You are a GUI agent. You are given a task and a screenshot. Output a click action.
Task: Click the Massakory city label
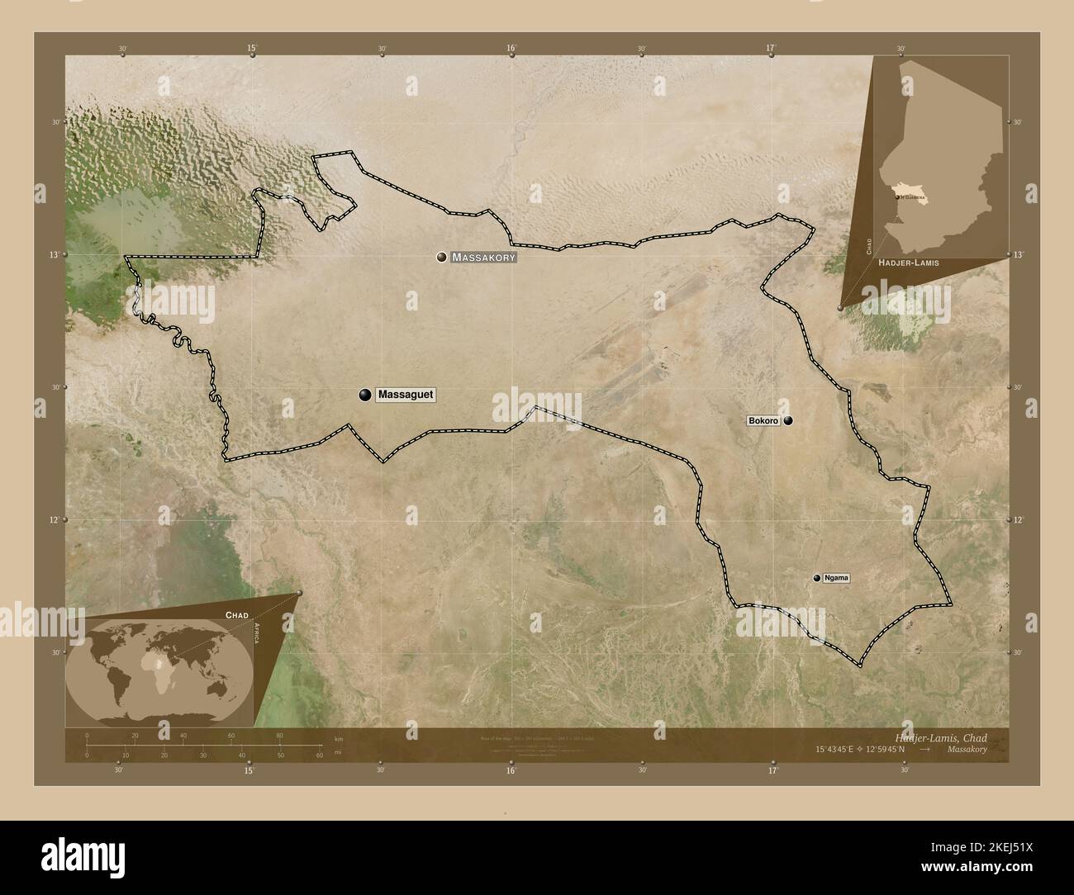pos(484,258)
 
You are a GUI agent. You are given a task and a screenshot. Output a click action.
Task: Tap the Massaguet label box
pos(405,395)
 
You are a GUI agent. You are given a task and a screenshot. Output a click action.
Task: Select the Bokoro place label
pos(763,421)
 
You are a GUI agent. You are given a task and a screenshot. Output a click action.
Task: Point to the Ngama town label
pos(836,579)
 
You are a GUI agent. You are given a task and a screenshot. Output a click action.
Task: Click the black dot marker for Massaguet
pos(364,395)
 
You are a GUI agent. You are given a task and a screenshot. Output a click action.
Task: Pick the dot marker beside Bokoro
pos(788,421)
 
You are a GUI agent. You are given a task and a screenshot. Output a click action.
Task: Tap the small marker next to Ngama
pos(816,579)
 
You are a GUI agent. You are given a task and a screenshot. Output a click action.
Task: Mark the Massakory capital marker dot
pos(442,258)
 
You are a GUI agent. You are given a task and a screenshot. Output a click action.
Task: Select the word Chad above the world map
pos(237,615)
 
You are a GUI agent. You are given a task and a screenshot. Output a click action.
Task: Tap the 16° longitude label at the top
pos(511,49)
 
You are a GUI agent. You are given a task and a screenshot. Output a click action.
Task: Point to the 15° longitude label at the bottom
pos(249,770)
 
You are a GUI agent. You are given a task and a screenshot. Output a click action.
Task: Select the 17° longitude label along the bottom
pos(772,770)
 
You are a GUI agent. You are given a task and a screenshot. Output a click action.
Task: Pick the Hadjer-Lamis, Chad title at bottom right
pos(940,737)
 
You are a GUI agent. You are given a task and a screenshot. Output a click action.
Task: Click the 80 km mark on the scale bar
pos(280,735)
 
